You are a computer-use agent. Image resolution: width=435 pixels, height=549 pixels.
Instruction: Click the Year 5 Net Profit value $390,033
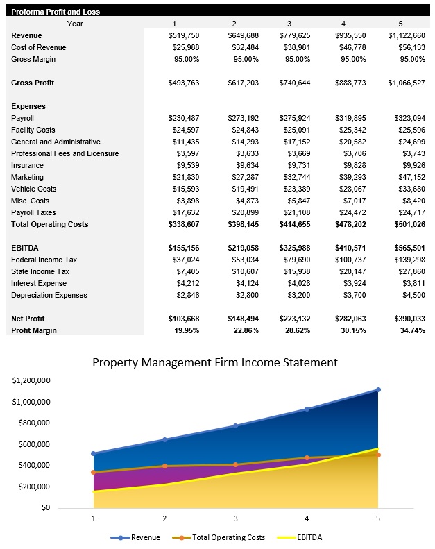pyautogui.click(x=407, y=319)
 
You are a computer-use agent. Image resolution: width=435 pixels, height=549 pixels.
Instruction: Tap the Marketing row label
pyautogui.click(x=28, y=177)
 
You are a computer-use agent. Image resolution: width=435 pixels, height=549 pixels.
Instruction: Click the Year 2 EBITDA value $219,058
pyautogui.click(x=243, y=248)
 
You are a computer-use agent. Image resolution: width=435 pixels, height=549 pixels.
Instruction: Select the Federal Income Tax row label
pyautogui.click(x=44, y=260)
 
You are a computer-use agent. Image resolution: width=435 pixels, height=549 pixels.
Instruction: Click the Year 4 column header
pyautogui.click(x=342, y=24)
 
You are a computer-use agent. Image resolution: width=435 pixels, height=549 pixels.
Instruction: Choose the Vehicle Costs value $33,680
pyautogui.click(x=408, y=189)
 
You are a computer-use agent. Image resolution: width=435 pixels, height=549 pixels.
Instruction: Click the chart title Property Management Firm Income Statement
pyautogui.click(x=215, y=362)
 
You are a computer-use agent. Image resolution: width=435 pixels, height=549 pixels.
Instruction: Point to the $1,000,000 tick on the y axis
pyautogui.click(x=31, y=402)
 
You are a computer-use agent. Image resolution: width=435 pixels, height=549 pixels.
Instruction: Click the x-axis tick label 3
pyautogui.click(x=235, y=518)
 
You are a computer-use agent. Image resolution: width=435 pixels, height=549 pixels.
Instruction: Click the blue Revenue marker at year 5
pyautogui.click(x=377, y=390)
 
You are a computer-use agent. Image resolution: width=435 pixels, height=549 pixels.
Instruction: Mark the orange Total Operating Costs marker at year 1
pyautogui.click(x=94, y=473)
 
